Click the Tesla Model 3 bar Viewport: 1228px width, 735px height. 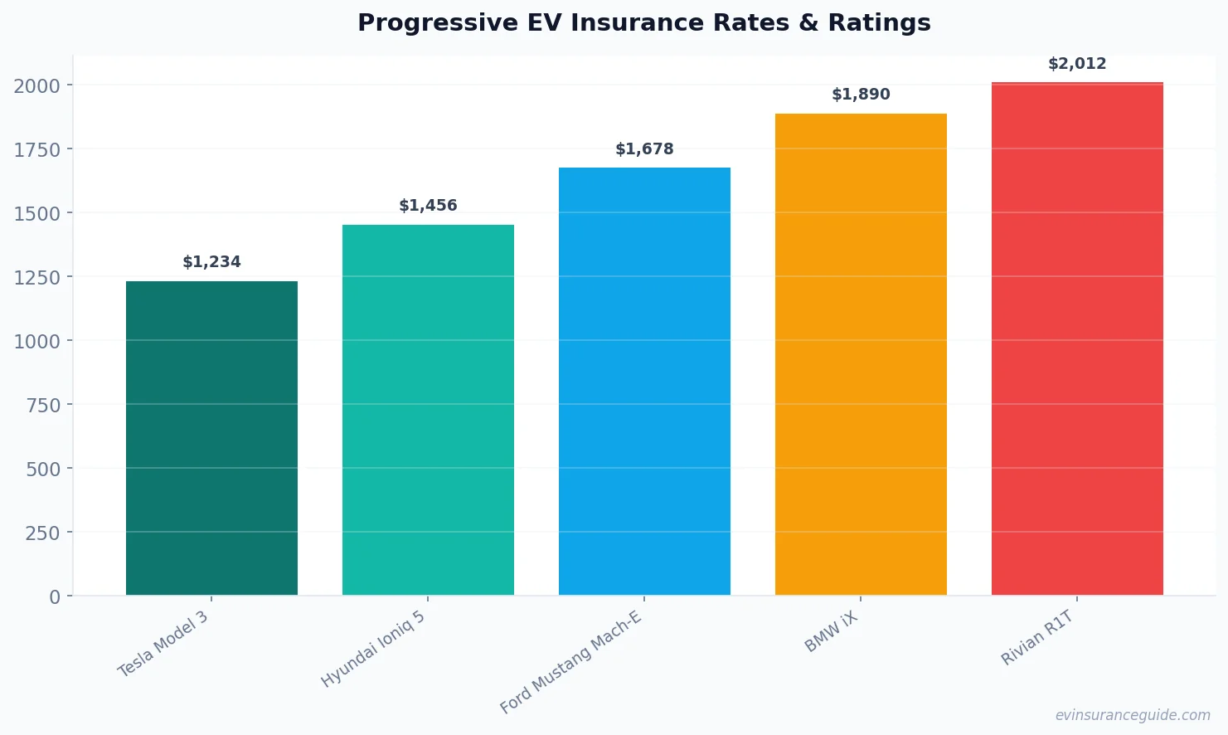click(x=211, y=438)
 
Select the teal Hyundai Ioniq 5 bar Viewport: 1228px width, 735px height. click(x=428, y=410)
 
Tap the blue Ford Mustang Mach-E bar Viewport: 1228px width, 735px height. click(x=644, y=382)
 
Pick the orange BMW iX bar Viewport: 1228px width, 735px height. click(x=861, y=354)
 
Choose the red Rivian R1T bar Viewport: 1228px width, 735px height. click(x=1077, y=338)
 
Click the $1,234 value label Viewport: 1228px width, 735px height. click(x=211, y=262)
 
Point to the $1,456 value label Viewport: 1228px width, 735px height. click(x=428, y=206)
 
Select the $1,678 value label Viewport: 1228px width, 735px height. click(x=644, y=149)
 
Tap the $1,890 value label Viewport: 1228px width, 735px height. click(x=861, y=95)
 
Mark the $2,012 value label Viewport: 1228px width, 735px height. click(x=1077, y=64)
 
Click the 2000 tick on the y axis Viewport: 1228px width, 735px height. click(x=37, y=86)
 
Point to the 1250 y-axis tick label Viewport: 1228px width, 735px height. click(x=37, y=278)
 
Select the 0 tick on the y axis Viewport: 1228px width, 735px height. click(x=55, y=597)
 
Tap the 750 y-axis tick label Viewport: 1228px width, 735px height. click(x=43, y=406)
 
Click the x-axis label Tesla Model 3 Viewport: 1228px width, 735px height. click(x=163, y=645)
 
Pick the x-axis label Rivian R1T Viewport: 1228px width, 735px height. click(x=1037, y=637)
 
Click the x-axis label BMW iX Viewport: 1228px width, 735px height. click(x=831, y=631)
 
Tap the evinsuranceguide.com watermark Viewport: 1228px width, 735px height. click(x=1133, y=715)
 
